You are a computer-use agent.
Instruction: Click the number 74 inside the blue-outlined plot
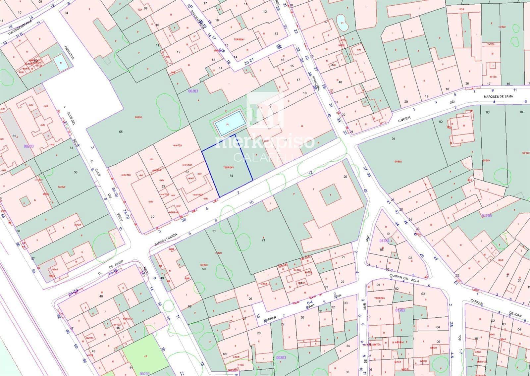point(231,176)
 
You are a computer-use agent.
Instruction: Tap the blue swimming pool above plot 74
point(229,123)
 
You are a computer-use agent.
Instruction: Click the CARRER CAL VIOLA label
point(404,278)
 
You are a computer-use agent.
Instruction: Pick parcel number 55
point(121,132)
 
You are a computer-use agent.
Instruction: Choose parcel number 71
point(263,240)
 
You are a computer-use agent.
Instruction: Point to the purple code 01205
point(487,216)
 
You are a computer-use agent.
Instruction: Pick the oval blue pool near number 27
point(342,22)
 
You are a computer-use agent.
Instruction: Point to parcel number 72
point(153,217)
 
